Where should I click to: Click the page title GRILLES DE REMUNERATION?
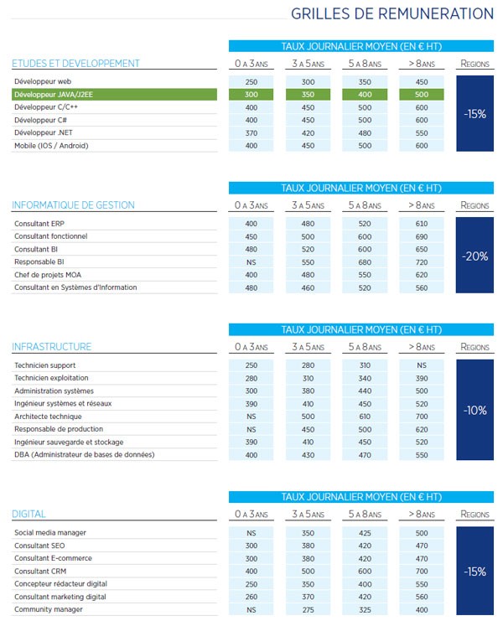tap(392, 14)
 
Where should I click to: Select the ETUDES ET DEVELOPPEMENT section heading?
tap(75, 64)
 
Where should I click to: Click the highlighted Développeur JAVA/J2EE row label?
tap(53, 95)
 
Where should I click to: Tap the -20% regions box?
tap(474, 256)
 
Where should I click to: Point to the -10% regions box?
tap(474, 411)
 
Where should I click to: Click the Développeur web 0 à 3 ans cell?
tap(251, 82)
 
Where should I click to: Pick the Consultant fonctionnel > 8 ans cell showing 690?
tap(422, 236)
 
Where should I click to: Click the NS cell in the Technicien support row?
tap(422, 365)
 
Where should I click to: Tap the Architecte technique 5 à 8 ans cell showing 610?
tap(365, 417)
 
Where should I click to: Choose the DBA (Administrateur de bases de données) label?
tap(84, 455)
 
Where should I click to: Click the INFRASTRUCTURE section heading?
tap(52, 347)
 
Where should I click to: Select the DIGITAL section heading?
tap(29, 514)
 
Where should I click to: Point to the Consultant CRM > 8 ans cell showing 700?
tap(422, 571)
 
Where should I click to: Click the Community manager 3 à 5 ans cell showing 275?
tap(308, 609)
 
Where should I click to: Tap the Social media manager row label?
tap(50, 533)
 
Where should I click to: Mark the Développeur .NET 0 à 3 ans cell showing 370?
tap(251, 133)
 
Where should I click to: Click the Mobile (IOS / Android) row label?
tap(51, 146)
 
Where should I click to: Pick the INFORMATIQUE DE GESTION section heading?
tap(73, 205)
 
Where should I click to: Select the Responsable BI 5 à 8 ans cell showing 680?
tap(365, 261)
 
